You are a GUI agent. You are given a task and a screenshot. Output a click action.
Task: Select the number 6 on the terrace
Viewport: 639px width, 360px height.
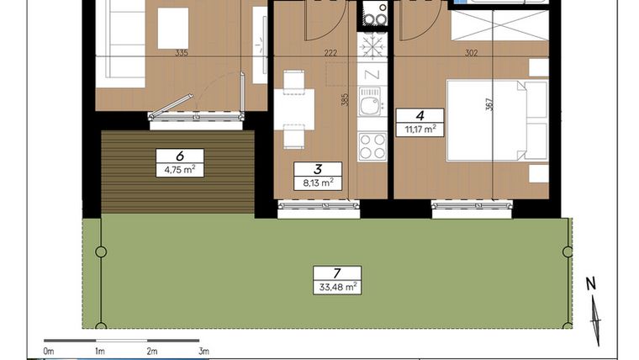pos(179,155)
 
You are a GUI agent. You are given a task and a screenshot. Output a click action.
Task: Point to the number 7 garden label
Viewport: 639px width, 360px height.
pos(336,273)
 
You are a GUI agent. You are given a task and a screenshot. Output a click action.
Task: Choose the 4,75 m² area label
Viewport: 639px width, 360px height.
pos(180,168)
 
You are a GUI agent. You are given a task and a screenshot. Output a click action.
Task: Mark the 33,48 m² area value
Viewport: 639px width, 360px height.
pos(336,287)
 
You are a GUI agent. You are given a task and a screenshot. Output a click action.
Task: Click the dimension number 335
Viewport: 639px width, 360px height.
pos(180,53)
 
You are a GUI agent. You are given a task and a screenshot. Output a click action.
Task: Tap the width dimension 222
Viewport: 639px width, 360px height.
pos(331,53)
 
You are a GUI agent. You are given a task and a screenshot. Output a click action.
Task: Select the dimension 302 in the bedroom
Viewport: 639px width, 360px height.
pos(471,53)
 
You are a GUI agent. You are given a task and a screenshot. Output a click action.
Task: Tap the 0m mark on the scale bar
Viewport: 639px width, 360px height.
pos(49,351)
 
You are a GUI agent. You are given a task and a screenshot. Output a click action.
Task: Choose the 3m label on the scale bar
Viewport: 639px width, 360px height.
pos(203,351)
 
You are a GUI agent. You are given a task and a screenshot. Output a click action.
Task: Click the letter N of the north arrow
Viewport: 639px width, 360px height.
pos(592,284)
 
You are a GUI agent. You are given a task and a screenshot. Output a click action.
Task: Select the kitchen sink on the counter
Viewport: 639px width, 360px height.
pos(370,107)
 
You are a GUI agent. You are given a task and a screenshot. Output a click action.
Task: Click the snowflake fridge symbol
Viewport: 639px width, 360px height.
pos(372,44)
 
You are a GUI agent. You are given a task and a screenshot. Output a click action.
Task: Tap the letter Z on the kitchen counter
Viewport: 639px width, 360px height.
pos(372,73)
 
